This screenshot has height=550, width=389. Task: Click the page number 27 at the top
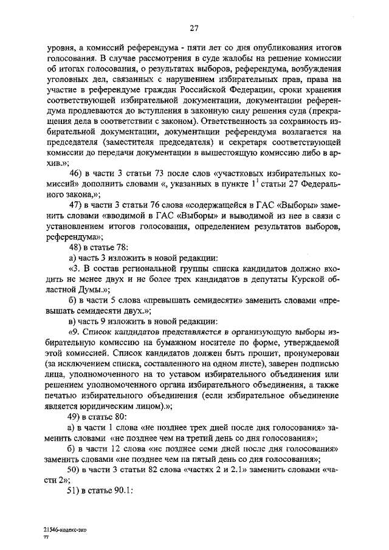point(194,27)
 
